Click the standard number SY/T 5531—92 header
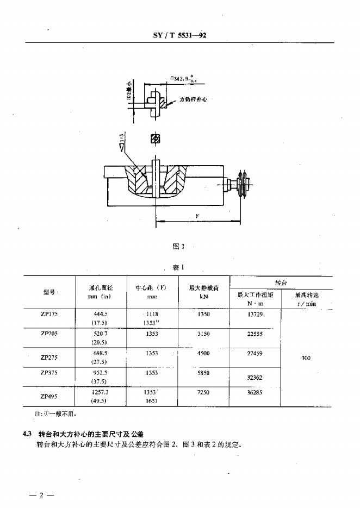[x=179, y=36]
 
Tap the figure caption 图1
[x=178, y=246]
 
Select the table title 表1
[x=179, y=267]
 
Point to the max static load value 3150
[x=203, y=334]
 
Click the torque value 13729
[x=255, y=314]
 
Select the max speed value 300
[x=306, y=358]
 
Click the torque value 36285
[x=255, y=391]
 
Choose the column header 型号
[x=49, y=293]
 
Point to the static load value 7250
[x=203, y=391]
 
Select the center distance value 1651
[x=152, y=400]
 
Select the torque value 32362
[x=255, y=376]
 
